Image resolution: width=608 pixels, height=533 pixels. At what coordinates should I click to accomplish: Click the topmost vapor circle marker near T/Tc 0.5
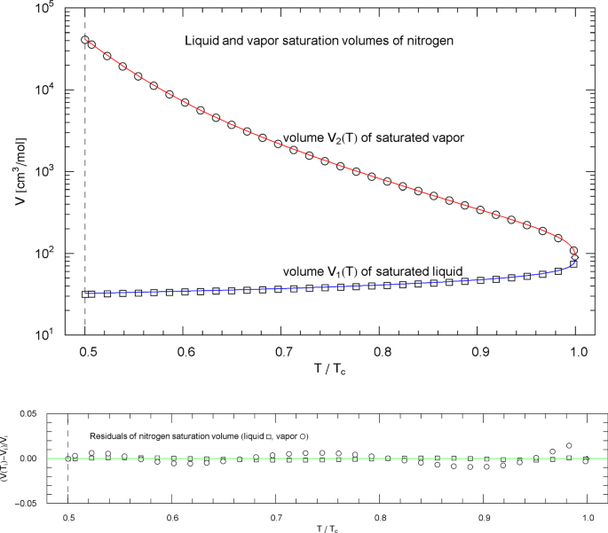85,40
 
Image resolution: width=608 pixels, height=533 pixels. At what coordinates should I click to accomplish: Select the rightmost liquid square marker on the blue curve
574,263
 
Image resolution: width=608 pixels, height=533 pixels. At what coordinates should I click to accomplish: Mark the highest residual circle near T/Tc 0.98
569,445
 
